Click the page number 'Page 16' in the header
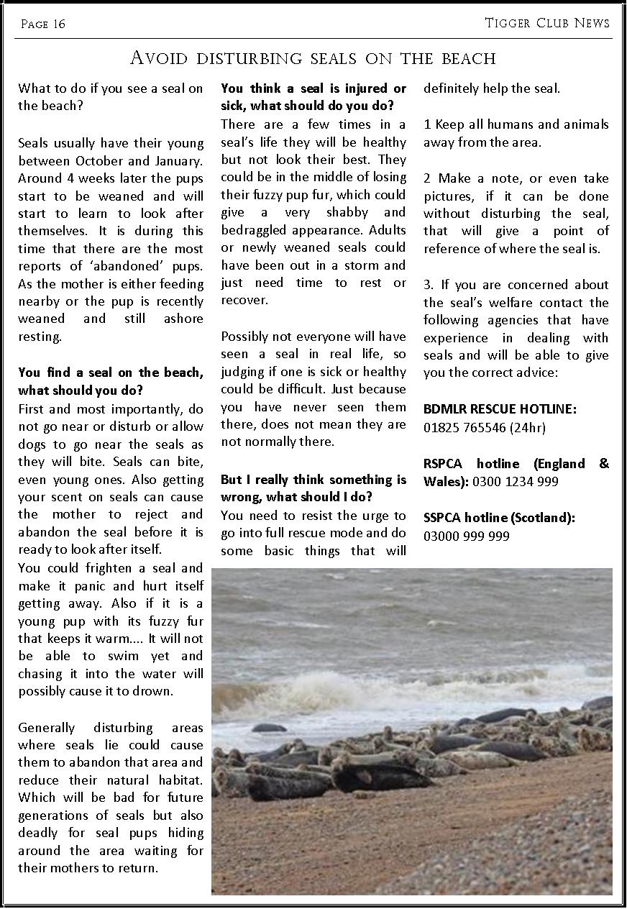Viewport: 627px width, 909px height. [x=43, y=24]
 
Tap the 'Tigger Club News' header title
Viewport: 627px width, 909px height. [x=547, y=23]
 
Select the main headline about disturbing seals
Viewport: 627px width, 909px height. [x=313, y=58]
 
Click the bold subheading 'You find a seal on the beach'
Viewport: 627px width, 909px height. [x=111, y=373]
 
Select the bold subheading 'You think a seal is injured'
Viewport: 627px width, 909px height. [x=313, y=88]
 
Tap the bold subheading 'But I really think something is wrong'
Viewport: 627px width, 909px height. [x=313, y=480]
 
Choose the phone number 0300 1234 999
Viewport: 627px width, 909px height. [x=515, y=482]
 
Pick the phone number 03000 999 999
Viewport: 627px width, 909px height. [x=467, y=536]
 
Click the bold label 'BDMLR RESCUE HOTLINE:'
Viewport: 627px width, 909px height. [x=500, y=409]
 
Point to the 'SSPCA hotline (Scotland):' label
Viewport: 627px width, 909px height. [x=499, y=518]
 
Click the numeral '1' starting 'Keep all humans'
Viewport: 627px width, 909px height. [x=427, y=125]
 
